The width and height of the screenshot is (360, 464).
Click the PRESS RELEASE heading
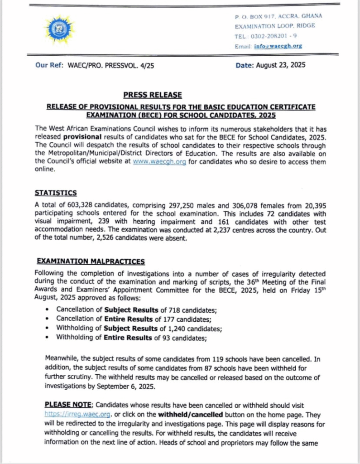click(x=153, y=95)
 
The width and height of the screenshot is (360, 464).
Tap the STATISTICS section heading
click(x=56, y=193)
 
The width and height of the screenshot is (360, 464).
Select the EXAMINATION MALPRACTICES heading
click(x=91, y=261)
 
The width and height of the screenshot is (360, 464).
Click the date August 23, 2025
click(x=281, y=65)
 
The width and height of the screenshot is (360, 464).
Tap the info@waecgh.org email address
click(x=278, y=46)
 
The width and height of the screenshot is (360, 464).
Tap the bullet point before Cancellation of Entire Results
click(x=48, y=319)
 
